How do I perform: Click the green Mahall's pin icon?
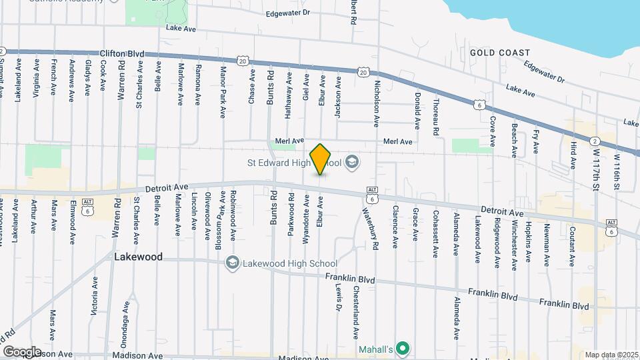[402, 347]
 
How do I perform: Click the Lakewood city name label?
[138, 257]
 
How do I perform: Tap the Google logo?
[22, 351]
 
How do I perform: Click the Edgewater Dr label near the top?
[288, 13]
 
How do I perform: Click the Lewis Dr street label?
[339, 295]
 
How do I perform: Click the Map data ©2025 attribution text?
[611, 355]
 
